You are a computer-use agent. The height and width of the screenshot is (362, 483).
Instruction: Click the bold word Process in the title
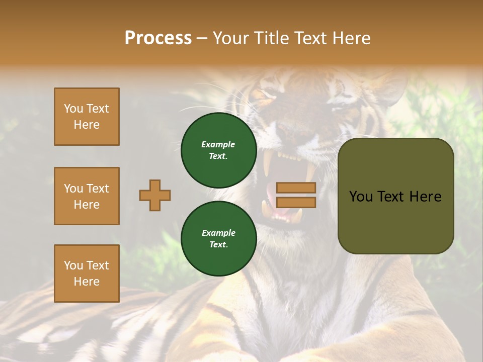pos(158,38)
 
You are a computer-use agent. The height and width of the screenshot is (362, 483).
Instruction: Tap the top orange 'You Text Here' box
pos(87,117)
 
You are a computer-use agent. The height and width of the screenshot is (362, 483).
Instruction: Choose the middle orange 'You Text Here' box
pos(87,196)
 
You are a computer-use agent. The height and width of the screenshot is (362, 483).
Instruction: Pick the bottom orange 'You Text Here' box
pos(87,274)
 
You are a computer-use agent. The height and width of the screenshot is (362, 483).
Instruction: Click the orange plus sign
pos(155,195)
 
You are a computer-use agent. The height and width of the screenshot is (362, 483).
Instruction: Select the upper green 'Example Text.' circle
pos(218,150)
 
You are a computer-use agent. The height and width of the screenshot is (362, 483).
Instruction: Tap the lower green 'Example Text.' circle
pos(218,239)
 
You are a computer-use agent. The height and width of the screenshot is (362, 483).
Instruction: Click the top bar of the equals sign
pos(296,188)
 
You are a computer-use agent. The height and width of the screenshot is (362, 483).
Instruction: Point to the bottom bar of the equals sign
pos(296,203)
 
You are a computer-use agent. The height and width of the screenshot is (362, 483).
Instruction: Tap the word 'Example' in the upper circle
pos(218,145)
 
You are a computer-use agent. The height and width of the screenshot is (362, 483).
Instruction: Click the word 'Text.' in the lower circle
pos(218,245)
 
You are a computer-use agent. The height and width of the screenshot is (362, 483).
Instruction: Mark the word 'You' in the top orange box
pos(73,109)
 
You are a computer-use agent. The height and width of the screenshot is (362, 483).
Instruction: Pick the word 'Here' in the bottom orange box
pos(87,282)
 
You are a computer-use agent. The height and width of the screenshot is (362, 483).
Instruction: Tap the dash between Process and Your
pos(202,39)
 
